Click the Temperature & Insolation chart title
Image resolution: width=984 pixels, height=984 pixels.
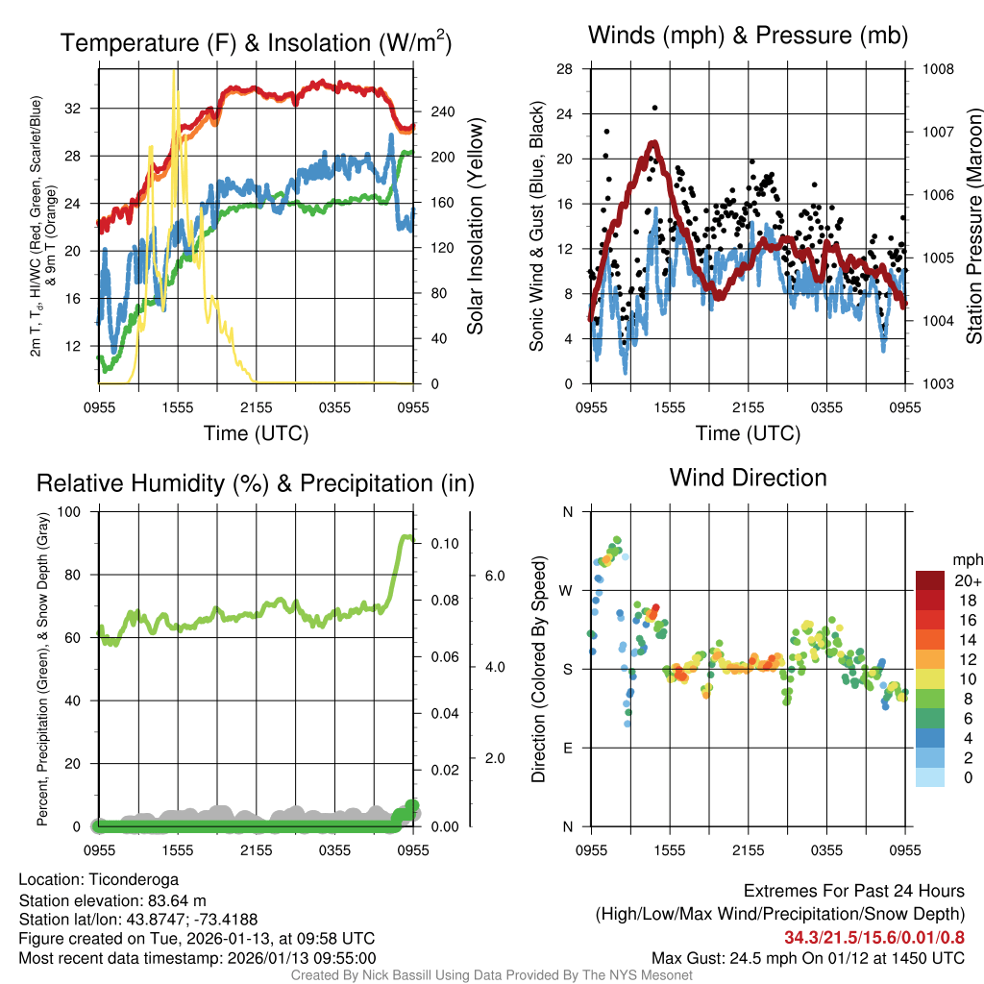256,42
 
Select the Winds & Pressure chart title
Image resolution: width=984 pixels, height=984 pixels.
748,36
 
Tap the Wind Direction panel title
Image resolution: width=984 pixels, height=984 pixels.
748,478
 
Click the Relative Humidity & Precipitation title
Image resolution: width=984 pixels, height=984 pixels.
256,483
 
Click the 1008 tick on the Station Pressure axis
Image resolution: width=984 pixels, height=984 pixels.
938,69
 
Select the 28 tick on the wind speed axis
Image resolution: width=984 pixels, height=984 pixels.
565,69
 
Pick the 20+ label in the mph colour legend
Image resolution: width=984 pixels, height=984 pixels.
967,580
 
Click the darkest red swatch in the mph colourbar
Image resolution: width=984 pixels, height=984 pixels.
930,580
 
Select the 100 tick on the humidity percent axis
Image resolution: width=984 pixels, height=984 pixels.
73,512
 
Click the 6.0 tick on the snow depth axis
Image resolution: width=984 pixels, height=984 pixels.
494,576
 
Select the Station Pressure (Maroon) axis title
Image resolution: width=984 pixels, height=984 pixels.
973,227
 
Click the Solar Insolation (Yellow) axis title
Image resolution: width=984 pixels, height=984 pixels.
475,227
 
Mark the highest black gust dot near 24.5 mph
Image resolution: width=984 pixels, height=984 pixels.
655,108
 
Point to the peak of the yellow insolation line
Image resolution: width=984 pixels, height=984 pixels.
174,73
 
